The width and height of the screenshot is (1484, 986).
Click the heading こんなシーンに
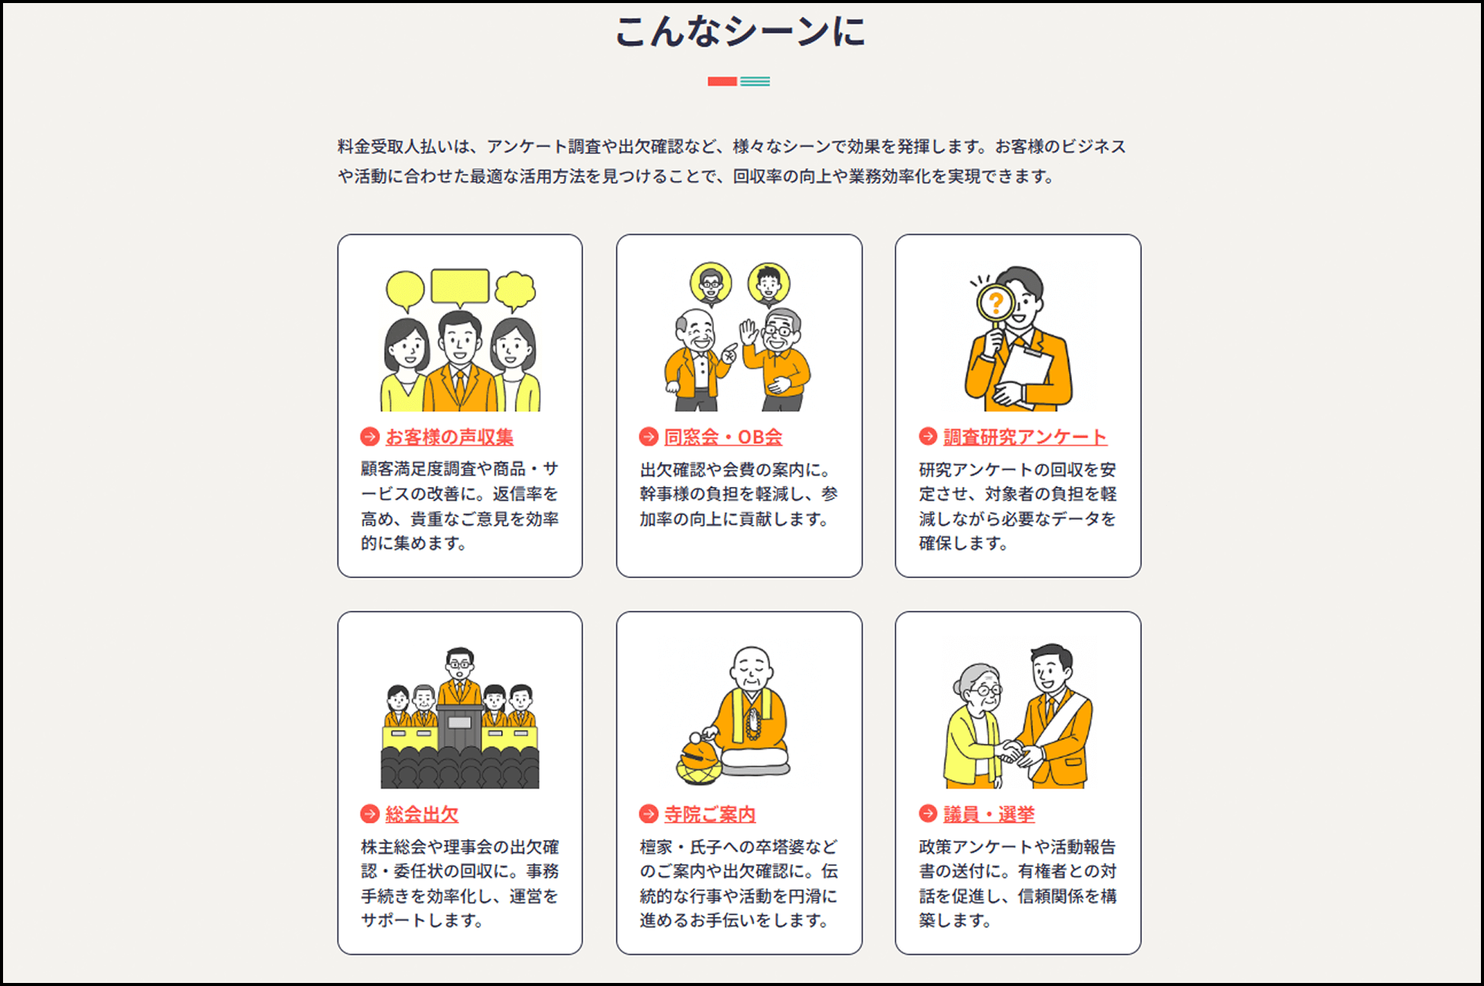[740, 32]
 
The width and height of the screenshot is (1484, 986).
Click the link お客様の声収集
[449, 437]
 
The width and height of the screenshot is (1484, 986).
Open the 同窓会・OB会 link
[723, 437]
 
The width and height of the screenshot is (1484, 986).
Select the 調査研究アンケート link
[1025, 437]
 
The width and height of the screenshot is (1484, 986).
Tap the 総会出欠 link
[422, 814]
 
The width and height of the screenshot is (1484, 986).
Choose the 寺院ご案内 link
[710, 814]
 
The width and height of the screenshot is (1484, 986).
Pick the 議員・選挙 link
[989, 814]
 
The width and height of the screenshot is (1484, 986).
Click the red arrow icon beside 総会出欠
[369, 814]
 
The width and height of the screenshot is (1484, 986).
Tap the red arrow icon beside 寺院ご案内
[648, 814]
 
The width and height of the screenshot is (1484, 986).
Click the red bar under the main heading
[722, 81]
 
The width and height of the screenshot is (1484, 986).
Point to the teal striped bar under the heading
[755, 81]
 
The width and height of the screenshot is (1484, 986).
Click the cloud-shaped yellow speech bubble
[515, 291]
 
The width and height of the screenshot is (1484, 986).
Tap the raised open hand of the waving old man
[749, 332]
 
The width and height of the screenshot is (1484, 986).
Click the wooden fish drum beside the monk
[698, 760]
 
